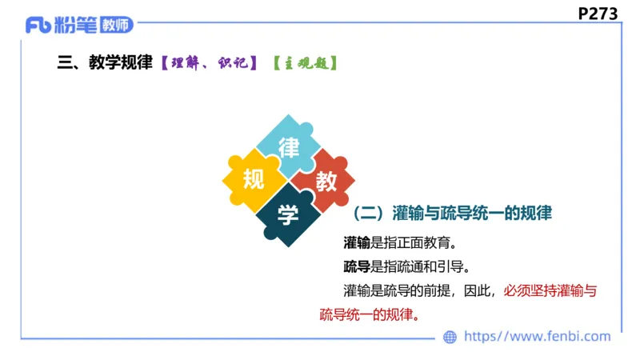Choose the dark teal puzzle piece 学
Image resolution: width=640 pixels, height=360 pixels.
point(289,214)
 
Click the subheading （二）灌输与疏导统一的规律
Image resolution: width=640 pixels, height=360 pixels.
point(453,214)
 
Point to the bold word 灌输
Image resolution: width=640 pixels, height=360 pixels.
point(357,242)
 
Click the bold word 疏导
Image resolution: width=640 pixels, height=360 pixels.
point(357,266)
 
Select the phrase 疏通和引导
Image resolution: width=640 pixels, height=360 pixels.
point(437,266)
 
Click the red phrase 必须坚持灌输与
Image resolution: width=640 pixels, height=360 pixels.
point(550,290)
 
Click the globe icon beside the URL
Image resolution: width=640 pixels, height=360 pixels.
point(450,337)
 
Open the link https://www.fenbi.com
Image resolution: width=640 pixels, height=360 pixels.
point(537,337)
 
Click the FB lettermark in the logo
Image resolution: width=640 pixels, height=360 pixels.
point(38,25)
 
